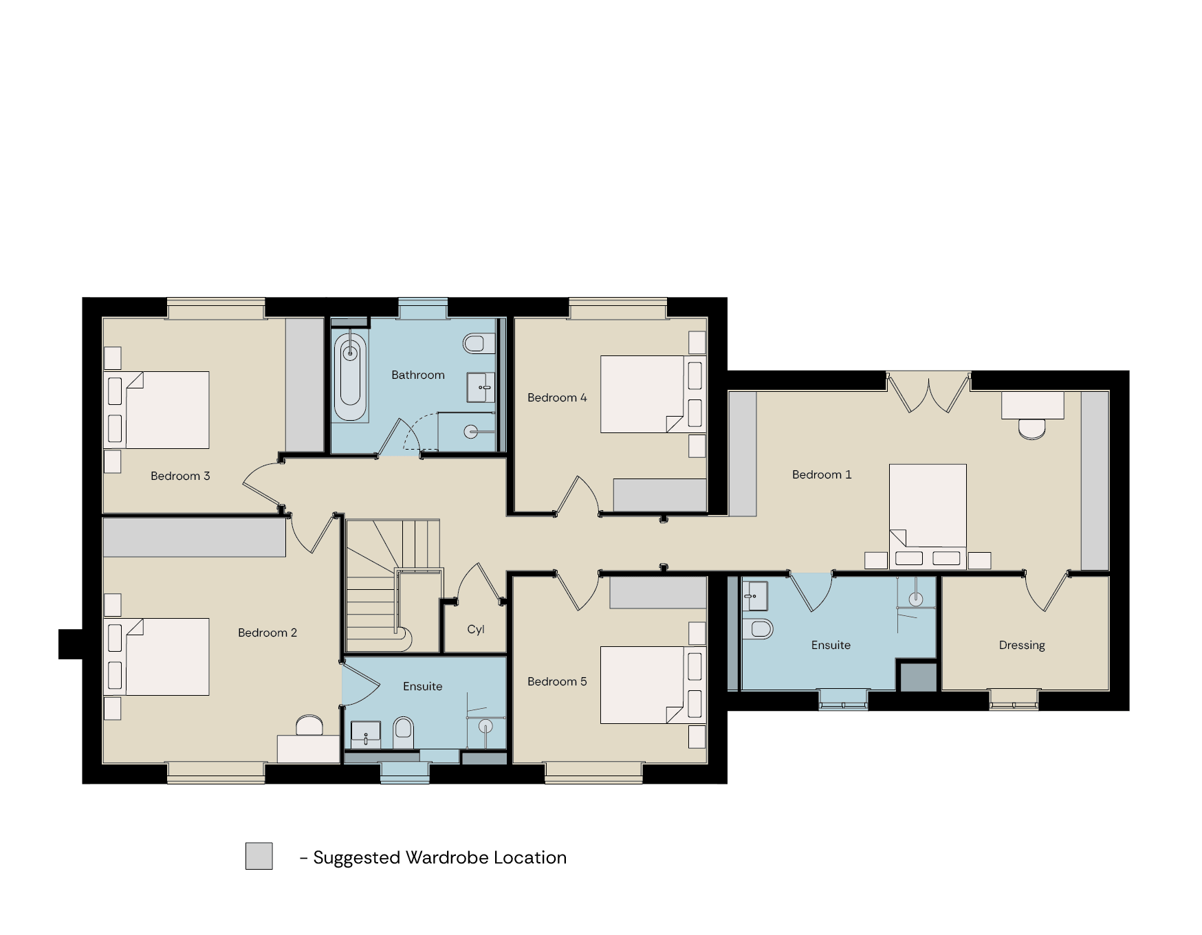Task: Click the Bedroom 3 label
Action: pos(180,476)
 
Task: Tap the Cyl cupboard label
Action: pos(476,630)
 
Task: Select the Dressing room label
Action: pos(1022,646)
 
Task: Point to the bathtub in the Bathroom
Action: pos(350,376)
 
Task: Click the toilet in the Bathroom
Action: pos(478,343)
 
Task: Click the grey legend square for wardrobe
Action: pos(259,856)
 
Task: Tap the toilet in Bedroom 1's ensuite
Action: pos(758,628)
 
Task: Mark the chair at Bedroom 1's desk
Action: pos(1031,429)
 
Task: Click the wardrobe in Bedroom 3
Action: pos(305,385)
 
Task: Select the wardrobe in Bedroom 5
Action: pos(658,593)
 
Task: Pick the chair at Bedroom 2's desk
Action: pos(309,725)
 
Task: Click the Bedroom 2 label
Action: pos(267,632)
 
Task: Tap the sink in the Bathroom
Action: pos(481,387)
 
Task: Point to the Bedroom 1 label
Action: pos(822,474)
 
